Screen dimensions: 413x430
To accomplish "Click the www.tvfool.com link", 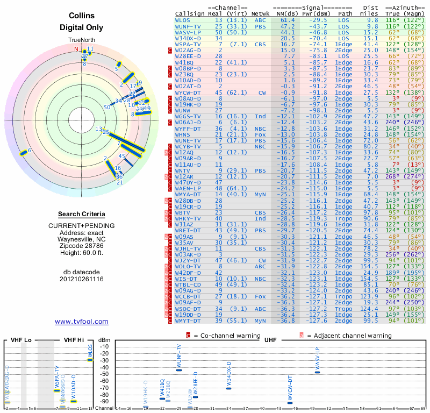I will coord(82,322).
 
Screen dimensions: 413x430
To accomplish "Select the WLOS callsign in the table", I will coord(183,20).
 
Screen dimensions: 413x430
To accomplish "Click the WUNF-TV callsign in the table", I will coord(188,26).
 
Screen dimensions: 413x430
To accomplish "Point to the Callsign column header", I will coord(190,14).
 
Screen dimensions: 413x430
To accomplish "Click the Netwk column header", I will coord(261,14).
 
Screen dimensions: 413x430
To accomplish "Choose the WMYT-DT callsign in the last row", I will coord(188,321).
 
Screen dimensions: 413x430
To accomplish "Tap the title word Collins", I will coord(82,17).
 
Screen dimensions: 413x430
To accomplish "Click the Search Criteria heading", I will coord(82,214).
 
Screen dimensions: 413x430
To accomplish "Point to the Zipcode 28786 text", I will coord(82,244).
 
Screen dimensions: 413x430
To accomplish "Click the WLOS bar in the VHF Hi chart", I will coord(90,360).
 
